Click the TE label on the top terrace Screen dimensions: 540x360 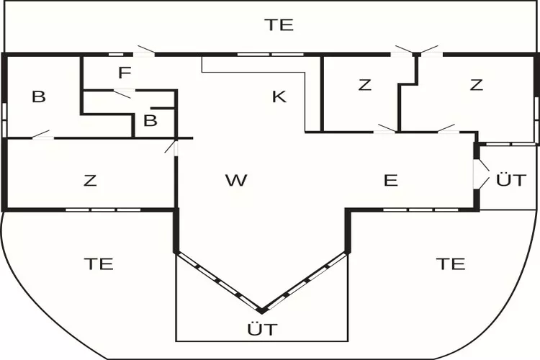[279, 24]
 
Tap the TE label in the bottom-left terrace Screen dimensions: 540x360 [99, 264]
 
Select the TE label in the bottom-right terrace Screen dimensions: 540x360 [451, 264]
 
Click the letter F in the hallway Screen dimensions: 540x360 [125, 73]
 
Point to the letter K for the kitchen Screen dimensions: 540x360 [279, 96]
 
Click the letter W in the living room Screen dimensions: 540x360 [236, 180]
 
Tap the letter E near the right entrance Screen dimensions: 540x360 [391, 180]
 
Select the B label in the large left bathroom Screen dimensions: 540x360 [39, 96]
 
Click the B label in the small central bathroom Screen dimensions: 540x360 [150, 121]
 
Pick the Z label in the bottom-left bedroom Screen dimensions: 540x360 [90, 180]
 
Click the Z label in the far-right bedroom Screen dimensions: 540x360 [477, 85]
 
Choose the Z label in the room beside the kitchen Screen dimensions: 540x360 [365, 85]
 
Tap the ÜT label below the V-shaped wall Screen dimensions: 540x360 [262, 328]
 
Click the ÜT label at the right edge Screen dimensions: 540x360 [511, 179]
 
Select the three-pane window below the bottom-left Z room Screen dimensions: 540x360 [103, 210]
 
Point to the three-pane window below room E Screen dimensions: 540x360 [420, 210]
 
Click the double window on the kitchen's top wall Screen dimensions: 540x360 [271, 55]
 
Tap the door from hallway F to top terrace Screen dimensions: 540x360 [144, 53]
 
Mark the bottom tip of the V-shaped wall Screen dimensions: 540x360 [262, 312]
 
